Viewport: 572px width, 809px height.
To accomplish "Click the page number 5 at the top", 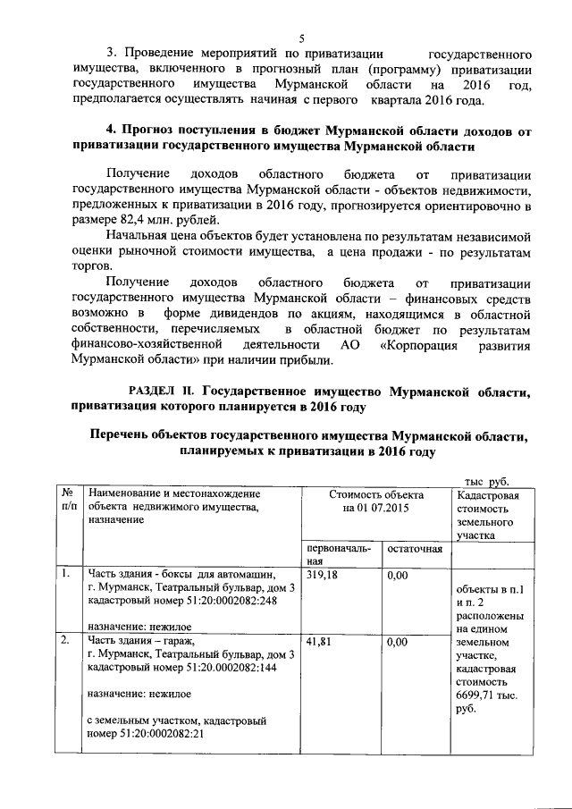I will [x=302, y=38].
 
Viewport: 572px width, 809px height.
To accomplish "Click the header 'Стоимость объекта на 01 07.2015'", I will [x=376, y=501].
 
